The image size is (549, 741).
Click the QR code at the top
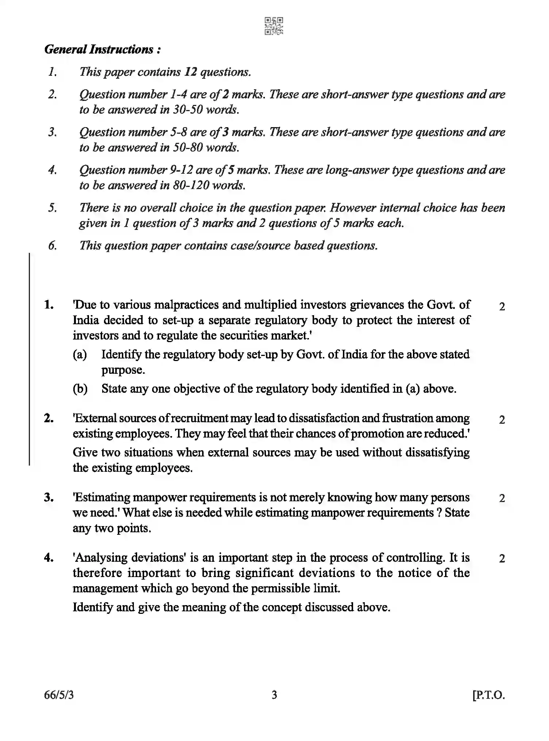click(x=274, y=26)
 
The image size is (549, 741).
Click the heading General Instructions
click(x=103, y=49)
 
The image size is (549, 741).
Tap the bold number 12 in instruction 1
click(x=190, y=72)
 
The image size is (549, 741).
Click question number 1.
click(x=49, y=305)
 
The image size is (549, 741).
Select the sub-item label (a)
click(x=80, y=354)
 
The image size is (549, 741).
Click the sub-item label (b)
click(x=80, y=389)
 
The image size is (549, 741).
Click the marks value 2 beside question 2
click(x=502, y=420)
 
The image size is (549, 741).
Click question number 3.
click(x=49, y=497)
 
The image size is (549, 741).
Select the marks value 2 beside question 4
click(x=502, y=558)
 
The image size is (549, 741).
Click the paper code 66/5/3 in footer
click(x=59, y=695)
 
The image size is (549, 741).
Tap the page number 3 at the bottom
click(x=274, y=695)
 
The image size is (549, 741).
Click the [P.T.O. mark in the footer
click(x=488, y=695)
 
